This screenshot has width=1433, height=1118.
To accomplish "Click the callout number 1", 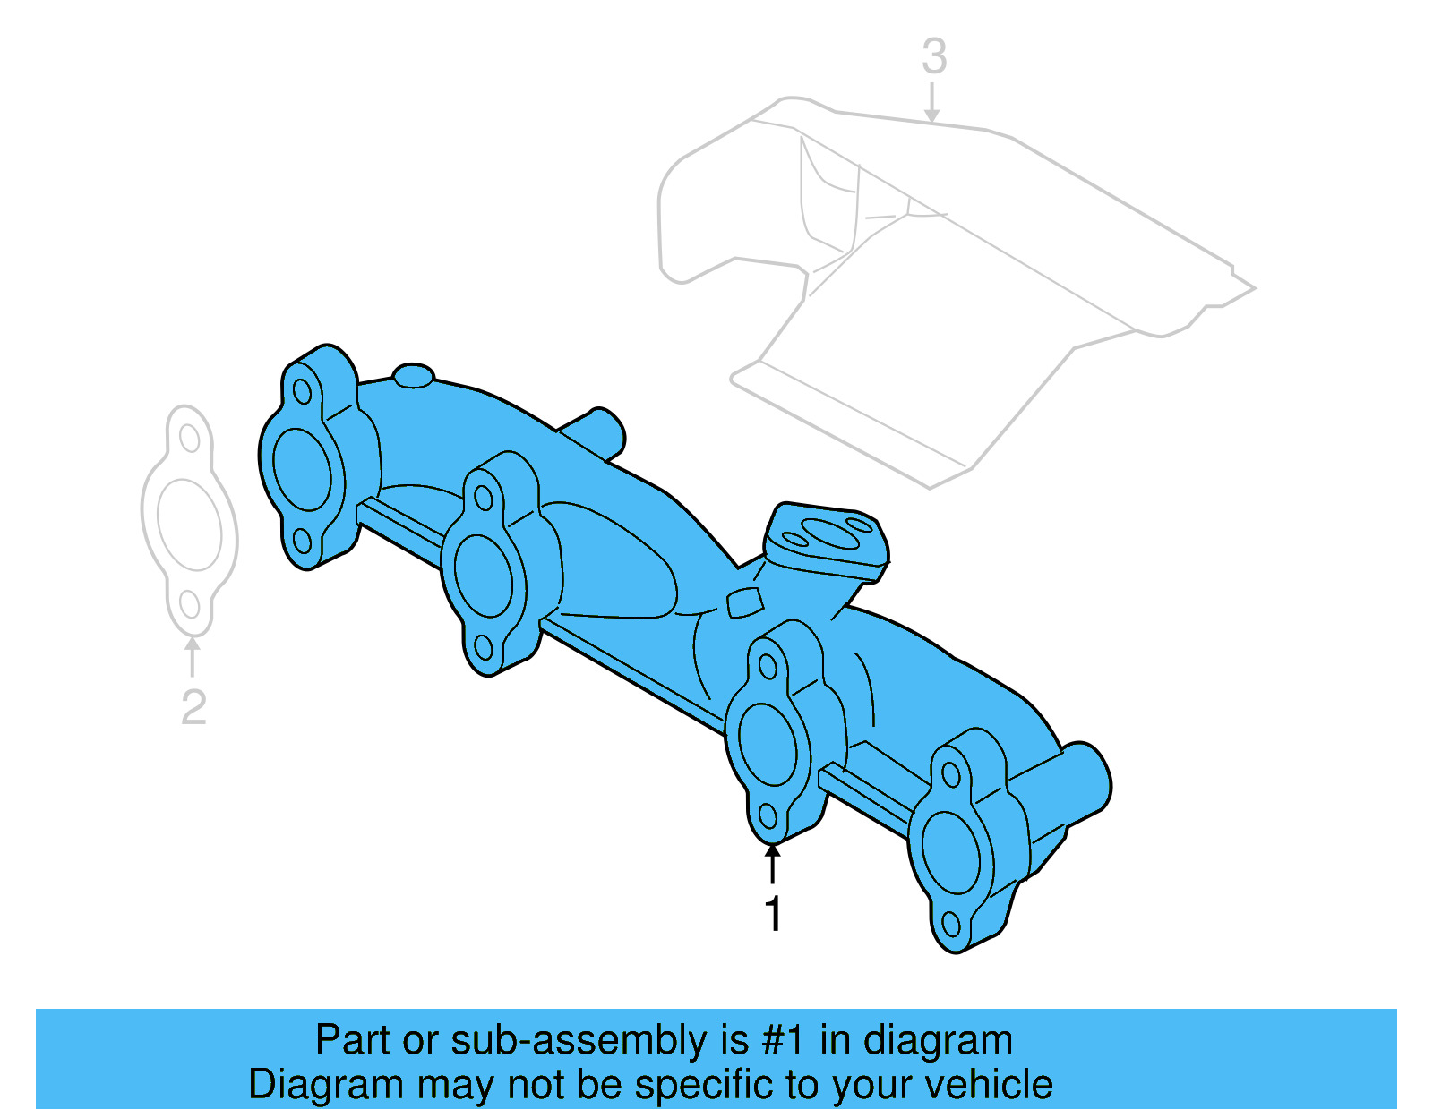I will click(773, 914).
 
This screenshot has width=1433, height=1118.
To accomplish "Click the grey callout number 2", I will click(193, 707).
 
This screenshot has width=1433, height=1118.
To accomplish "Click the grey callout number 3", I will click(934, 56).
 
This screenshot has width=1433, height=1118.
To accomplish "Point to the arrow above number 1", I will click(772, 863).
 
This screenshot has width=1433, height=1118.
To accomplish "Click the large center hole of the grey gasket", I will click(189, 525).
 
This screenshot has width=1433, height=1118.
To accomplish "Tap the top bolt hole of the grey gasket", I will click(189, 438).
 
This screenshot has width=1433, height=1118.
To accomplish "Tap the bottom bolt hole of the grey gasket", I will click(189, 604).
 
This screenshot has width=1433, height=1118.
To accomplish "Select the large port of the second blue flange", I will click(484, 576).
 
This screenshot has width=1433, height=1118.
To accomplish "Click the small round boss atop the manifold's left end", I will click(414, 375).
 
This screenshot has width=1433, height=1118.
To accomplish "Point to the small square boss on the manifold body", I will click(744, 602).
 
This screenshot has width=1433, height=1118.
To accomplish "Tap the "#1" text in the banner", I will click(784, 1040).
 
